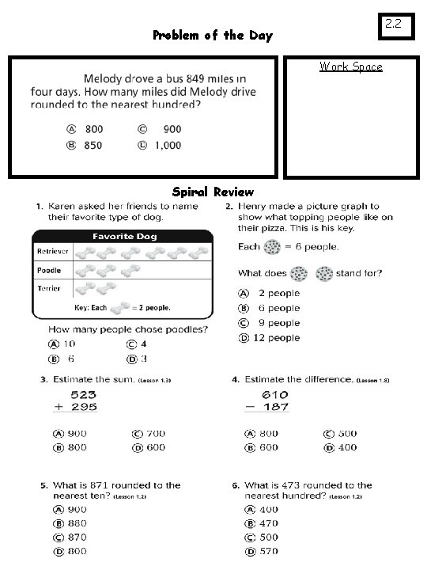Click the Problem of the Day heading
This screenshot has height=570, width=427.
coord(212,36)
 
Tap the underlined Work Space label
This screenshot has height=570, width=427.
coord(350,66)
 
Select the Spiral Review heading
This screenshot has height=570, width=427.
coord(213,192)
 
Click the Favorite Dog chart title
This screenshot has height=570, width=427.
coord(124,236)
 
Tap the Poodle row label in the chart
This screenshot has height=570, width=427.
coord(48,270)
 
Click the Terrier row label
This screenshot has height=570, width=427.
coord(48,288)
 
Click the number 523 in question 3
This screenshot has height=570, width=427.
coord(84,394)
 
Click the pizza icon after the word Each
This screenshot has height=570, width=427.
coord(273,246)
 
